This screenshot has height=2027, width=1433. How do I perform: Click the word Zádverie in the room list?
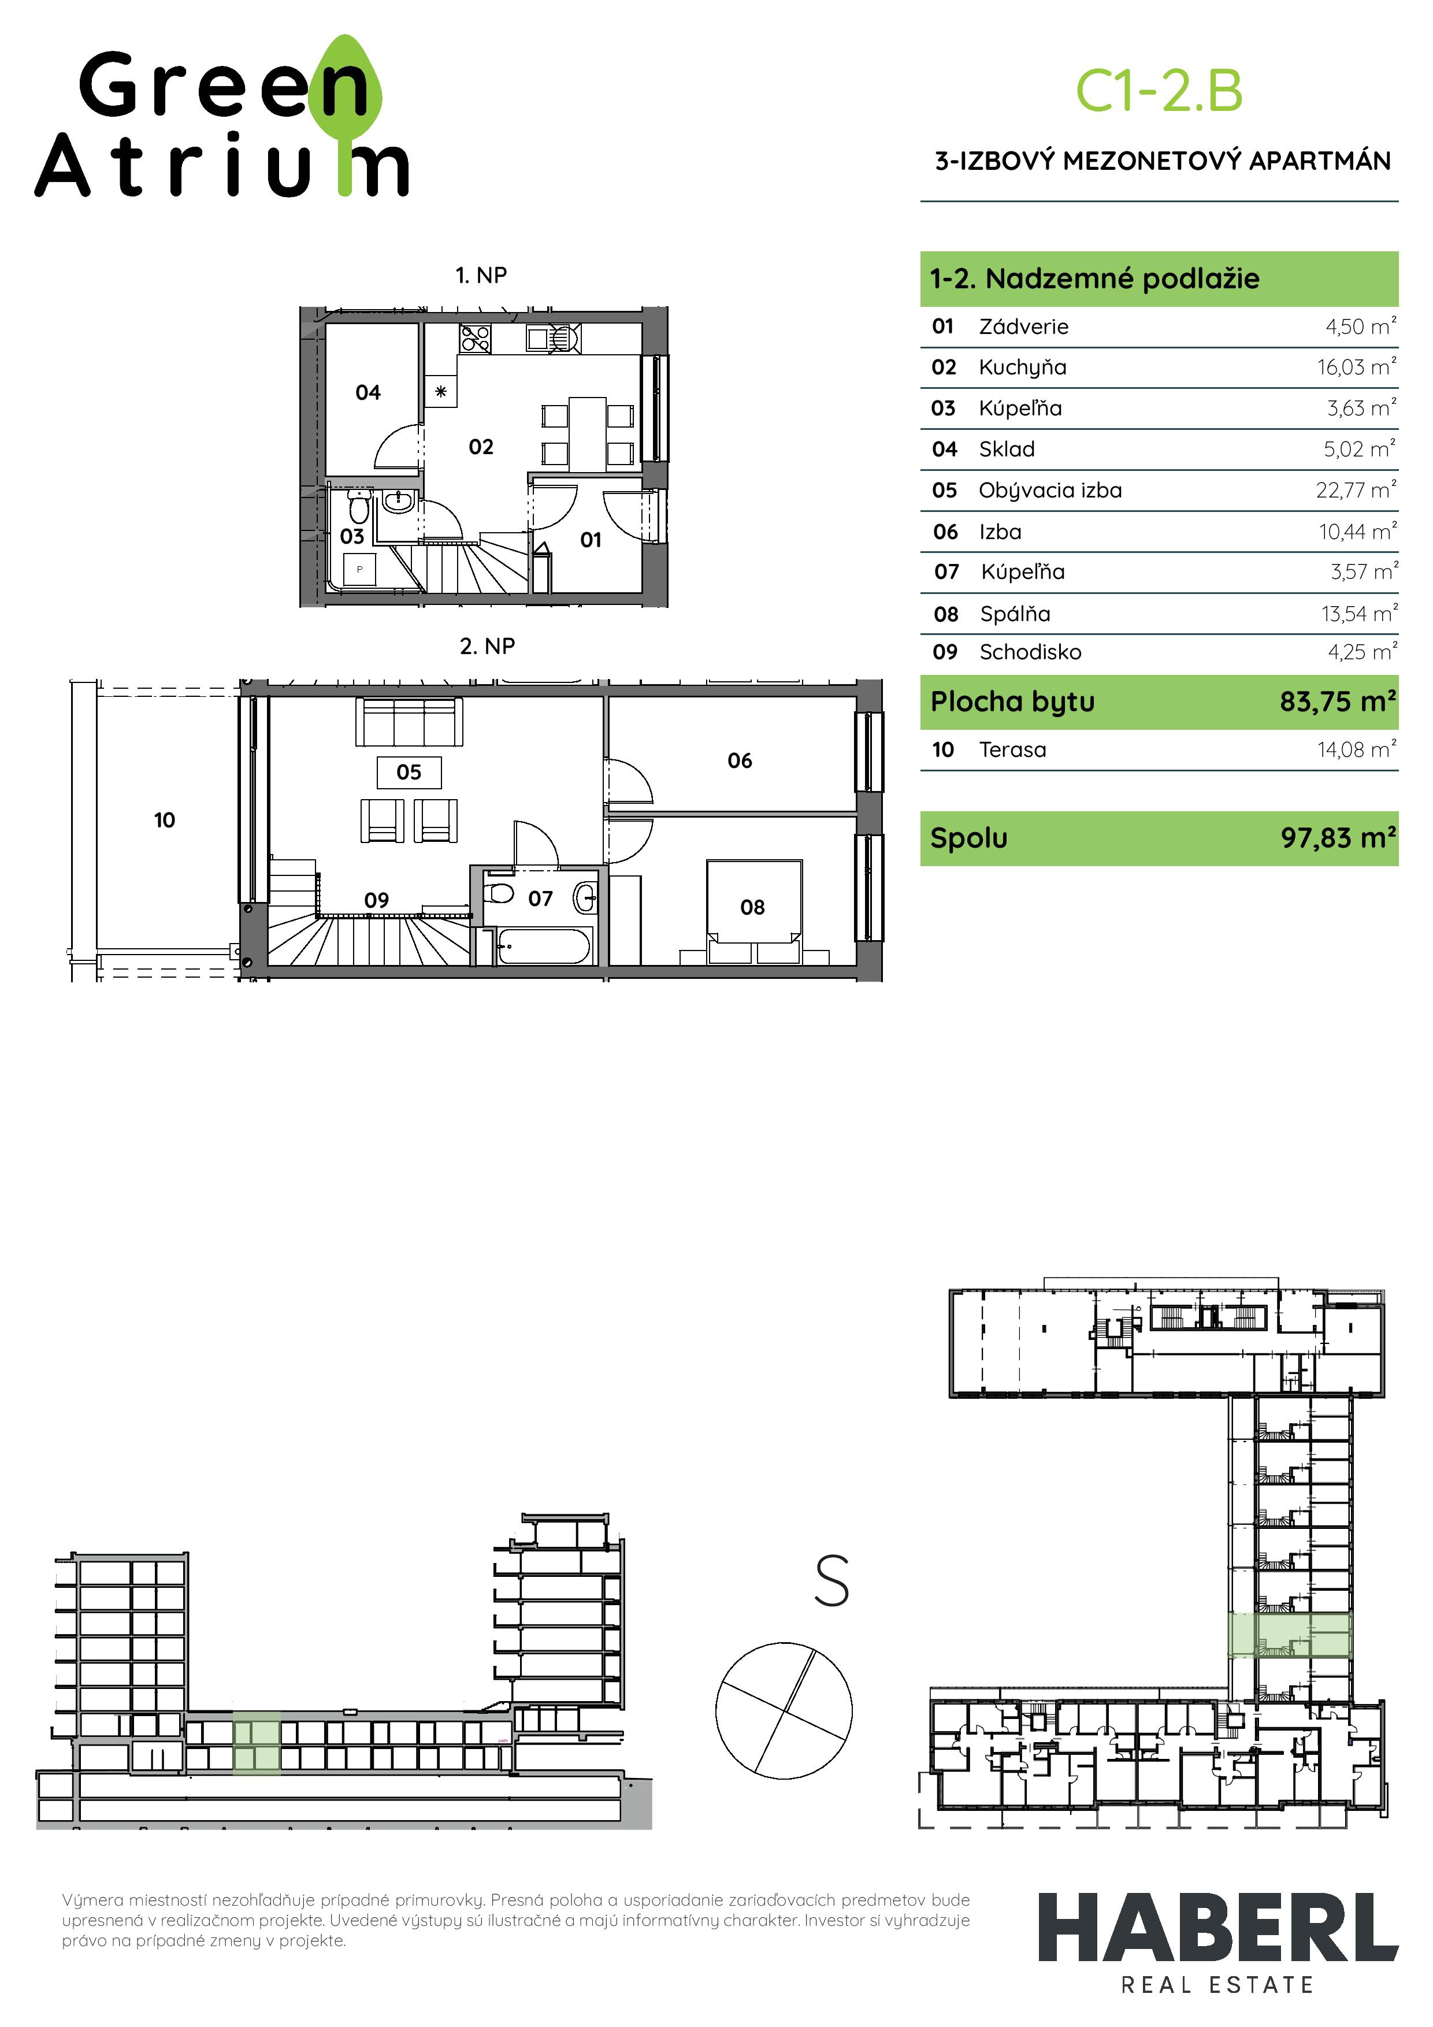click(1023, 326)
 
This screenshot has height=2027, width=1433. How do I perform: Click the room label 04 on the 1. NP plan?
click(368, 392)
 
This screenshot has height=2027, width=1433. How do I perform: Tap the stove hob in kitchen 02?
click(475, 339)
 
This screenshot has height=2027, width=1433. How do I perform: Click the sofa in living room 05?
click(409, 722)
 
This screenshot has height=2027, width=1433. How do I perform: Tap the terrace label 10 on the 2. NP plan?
click(164, 820)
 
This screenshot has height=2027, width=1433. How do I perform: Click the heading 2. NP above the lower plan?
click(487, 646)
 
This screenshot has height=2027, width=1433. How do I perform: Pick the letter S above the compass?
click(831, 1580)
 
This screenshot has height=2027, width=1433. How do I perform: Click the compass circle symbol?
click(784, 1710)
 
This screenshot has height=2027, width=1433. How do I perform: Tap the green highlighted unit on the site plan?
click(1290, 1635)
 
